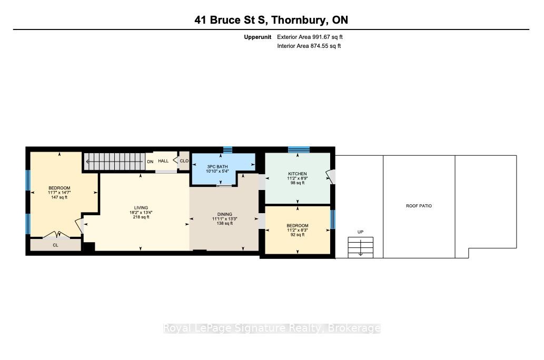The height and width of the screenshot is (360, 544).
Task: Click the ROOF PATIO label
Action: coord(419,206)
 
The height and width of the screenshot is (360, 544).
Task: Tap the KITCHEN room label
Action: coord(298,174)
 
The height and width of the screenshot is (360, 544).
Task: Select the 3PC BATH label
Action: coord(217,167)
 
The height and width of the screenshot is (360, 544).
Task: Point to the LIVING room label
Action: coord(141,208)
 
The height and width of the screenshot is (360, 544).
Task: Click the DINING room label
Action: coord(224,214)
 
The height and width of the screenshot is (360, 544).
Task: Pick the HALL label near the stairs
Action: coord(163,161)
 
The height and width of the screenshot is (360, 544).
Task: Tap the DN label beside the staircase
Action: coord(150,162)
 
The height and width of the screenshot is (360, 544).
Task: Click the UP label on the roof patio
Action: coord(360,232)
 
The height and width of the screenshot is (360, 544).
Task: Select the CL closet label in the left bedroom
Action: coord(55,245)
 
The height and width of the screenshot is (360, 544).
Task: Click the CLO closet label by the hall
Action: coord(184,161)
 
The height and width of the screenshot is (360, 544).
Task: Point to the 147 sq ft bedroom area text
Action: coord(59,197)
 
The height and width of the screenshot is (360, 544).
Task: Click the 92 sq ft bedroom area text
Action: coord(298,235)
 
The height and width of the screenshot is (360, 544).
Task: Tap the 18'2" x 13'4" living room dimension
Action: coord(141,213)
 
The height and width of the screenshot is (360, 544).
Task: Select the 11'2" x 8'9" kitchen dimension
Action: coord(298,178)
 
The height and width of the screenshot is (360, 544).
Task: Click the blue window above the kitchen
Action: coord(299,149)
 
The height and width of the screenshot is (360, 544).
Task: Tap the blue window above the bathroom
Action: coord(228,149)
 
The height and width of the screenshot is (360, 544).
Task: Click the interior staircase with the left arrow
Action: coord(115,162)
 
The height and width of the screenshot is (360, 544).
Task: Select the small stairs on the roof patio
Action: coord(360,247)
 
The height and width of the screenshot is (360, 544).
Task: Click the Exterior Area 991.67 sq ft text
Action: coord(310,37)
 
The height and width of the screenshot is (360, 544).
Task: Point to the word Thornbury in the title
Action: coord(299,20)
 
